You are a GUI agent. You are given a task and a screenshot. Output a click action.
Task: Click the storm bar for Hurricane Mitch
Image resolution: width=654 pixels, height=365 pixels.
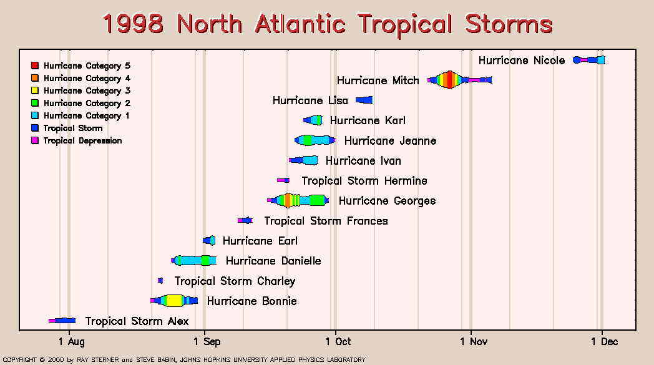click(x=460, y=80)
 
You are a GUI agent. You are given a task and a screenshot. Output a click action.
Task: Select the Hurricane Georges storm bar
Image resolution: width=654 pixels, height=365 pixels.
click(x=298, y=200)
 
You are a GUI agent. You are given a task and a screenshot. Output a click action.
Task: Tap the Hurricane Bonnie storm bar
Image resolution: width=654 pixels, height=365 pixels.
click(x=174, y=300)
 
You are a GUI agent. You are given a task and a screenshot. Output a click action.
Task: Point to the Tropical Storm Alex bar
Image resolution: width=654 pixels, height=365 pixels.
click(x=62, y=320)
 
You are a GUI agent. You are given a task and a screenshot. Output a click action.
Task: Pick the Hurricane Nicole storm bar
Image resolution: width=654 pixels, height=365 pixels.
click(x=589, y=60)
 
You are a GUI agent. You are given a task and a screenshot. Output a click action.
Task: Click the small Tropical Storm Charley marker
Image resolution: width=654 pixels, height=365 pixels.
click(x=160, y=281)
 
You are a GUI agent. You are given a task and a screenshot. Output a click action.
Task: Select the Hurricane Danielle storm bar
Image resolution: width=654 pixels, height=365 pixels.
click(x=193, y=260)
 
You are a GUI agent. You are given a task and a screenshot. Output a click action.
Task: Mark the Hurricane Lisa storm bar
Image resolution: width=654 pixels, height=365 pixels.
click(x=364, y=100)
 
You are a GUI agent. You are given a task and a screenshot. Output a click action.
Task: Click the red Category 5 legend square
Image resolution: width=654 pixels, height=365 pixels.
click(x=35, y=66)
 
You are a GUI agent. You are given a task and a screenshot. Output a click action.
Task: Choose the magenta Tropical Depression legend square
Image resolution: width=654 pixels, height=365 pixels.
click(x=35, y=140)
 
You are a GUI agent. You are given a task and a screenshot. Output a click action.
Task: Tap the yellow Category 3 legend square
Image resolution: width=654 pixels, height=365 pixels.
click(x=35, y=90)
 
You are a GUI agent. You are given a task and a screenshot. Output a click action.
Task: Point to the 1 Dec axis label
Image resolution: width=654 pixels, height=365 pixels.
click(x=604, y=342)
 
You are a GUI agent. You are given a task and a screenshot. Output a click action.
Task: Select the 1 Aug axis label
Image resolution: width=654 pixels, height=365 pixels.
click(x=71, y=342)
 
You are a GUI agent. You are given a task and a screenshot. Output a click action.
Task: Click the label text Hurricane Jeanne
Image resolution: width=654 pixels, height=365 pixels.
click(x=391, y=141)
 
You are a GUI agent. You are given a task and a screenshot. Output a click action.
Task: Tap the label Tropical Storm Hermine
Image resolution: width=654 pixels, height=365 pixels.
click(x=364, y=181)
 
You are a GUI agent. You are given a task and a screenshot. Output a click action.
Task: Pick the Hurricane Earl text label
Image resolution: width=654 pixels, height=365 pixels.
click(x=260, y=241)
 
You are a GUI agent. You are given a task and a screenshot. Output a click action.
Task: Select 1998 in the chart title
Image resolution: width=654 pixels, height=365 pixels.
click(x=133, y=23)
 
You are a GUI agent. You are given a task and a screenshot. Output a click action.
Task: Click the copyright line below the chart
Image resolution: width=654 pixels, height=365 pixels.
click(x=184, y=359)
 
